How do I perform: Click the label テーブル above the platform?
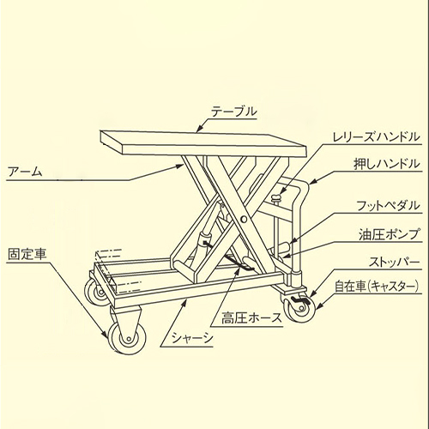coord(234,112)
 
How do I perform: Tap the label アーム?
coord(25,172)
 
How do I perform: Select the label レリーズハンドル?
coord(376,137)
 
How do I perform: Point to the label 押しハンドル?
coord(387,164)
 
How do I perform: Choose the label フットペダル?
coord(388,206)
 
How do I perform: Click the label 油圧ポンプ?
coord(390,234)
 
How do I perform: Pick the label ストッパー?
coord(394,262)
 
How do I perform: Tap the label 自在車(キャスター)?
coord(377,287)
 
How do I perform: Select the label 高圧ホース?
coord(251,318)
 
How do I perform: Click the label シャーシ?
coord(192,339)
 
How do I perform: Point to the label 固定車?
coord(27,254)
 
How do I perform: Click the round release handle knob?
coord(276,196)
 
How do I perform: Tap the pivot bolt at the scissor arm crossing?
coord(244,219)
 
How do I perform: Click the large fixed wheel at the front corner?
coord(126,339)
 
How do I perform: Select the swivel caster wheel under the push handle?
coord(299,309)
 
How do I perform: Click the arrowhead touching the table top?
coord(200,129)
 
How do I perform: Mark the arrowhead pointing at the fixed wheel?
coord(106,334)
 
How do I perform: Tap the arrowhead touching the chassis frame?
coord(184,302)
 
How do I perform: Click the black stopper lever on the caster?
coord(301,300)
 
